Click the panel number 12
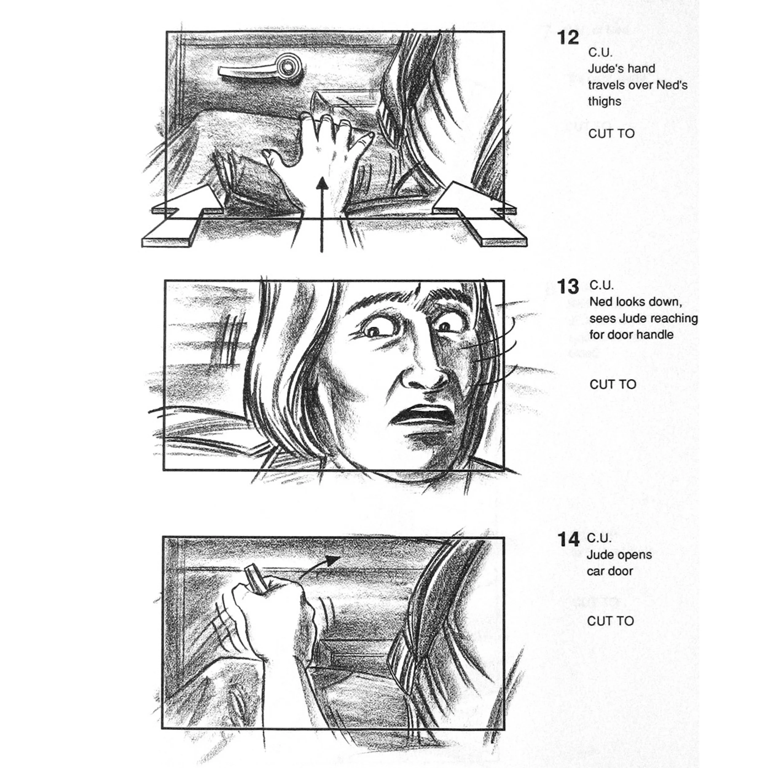coord(568,38)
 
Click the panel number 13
coord(568,287)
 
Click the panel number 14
coord(568,539)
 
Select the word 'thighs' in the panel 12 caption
coord(604,101)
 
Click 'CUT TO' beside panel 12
coord(611,134)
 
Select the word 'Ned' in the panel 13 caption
coord(601,302)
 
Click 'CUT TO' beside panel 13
coord(613,384)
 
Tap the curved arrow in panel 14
coord(319,567)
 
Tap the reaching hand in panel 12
coord(318,159)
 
